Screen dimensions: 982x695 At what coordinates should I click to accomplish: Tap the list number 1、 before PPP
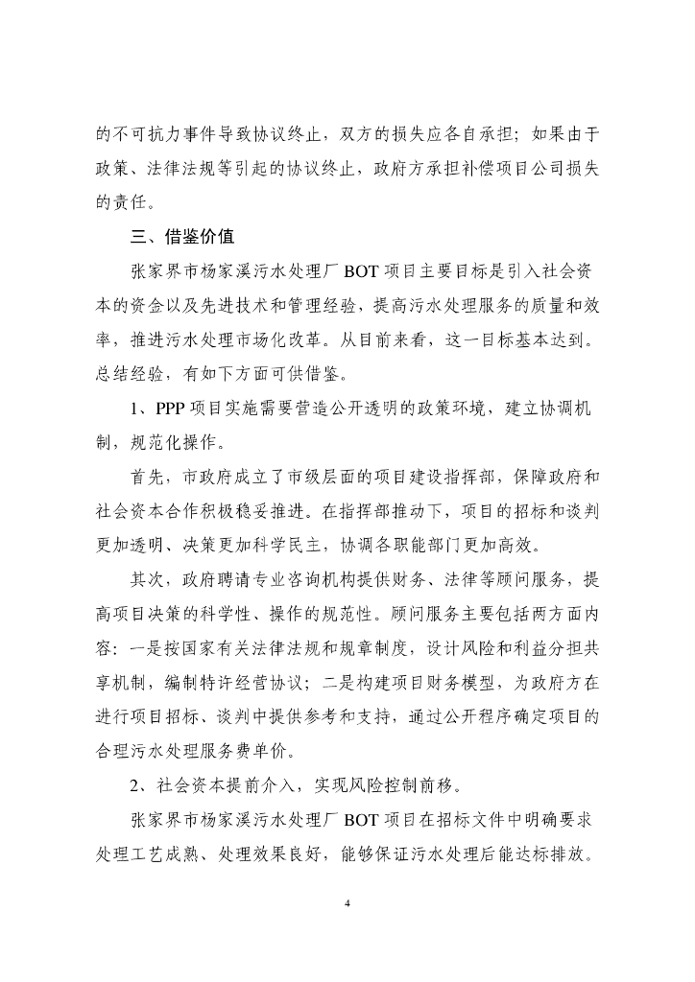point(140,411)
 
